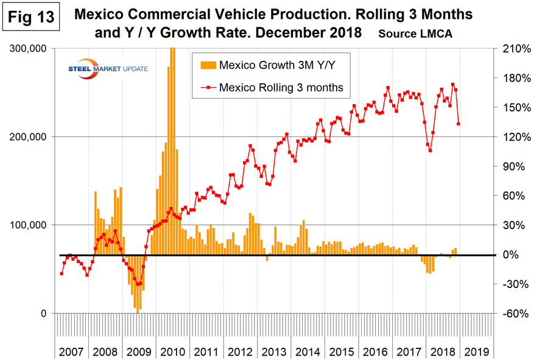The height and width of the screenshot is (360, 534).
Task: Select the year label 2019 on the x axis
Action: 475,351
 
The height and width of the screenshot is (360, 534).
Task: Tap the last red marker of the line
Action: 458,124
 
